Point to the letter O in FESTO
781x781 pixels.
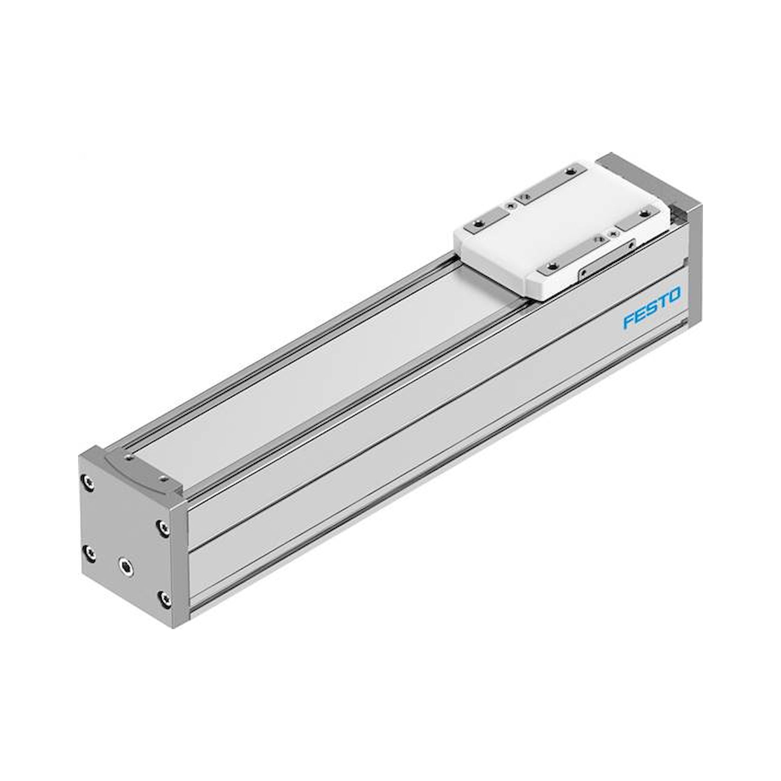tap(674, 294)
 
